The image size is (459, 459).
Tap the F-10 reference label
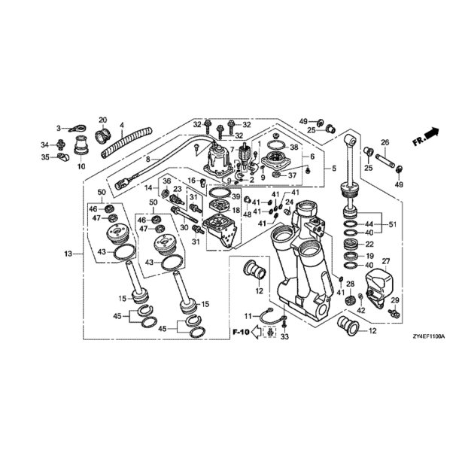[240, 331]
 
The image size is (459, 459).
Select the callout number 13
[68, 255]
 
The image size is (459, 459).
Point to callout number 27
[386, 262]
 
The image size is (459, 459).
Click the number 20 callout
[103, 120]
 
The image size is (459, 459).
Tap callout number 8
[148, 159]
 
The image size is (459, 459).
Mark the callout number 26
[384, 143]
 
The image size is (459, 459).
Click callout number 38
[294, 147]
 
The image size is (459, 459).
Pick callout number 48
[246, 214]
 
